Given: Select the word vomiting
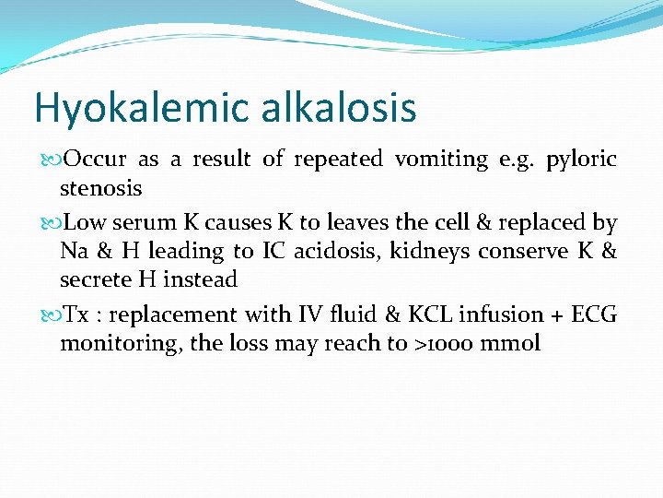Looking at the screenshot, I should coord(441,160).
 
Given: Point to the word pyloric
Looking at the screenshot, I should coord(581,160).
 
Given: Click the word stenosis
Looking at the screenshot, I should coord(100,188).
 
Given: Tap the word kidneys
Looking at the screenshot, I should coord(431,251).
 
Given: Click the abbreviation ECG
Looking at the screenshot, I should coord(594,314).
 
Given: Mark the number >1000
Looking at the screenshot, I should coord(444,344).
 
